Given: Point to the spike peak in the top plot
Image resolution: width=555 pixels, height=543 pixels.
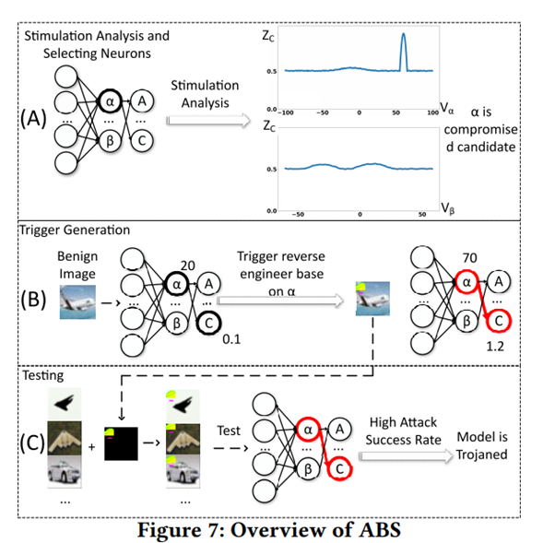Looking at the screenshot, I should coord(402,35).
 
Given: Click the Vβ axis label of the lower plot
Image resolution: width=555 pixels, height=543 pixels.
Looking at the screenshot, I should coord(450,208).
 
